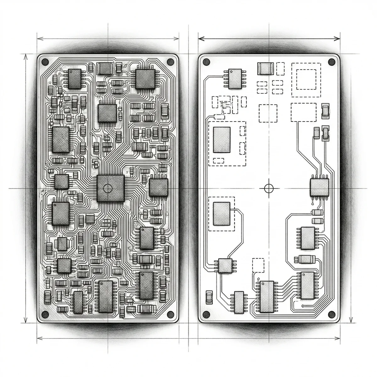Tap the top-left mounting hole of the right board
click(x=206, y=62)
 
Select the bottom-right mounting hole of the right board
click(x=332, y=314)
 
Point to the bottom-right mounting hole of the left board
click(x=171, y=314)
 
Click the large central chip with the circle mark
click(x=110, y=188)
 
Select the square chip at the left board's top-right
click(x=145, y=79)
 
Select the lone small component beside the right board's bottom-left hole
click(x=209, y=297)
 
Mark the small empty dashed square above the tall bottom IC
click(x=258, y=265)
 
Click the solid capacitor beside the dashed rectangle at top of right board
click(x=264, y=68)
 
